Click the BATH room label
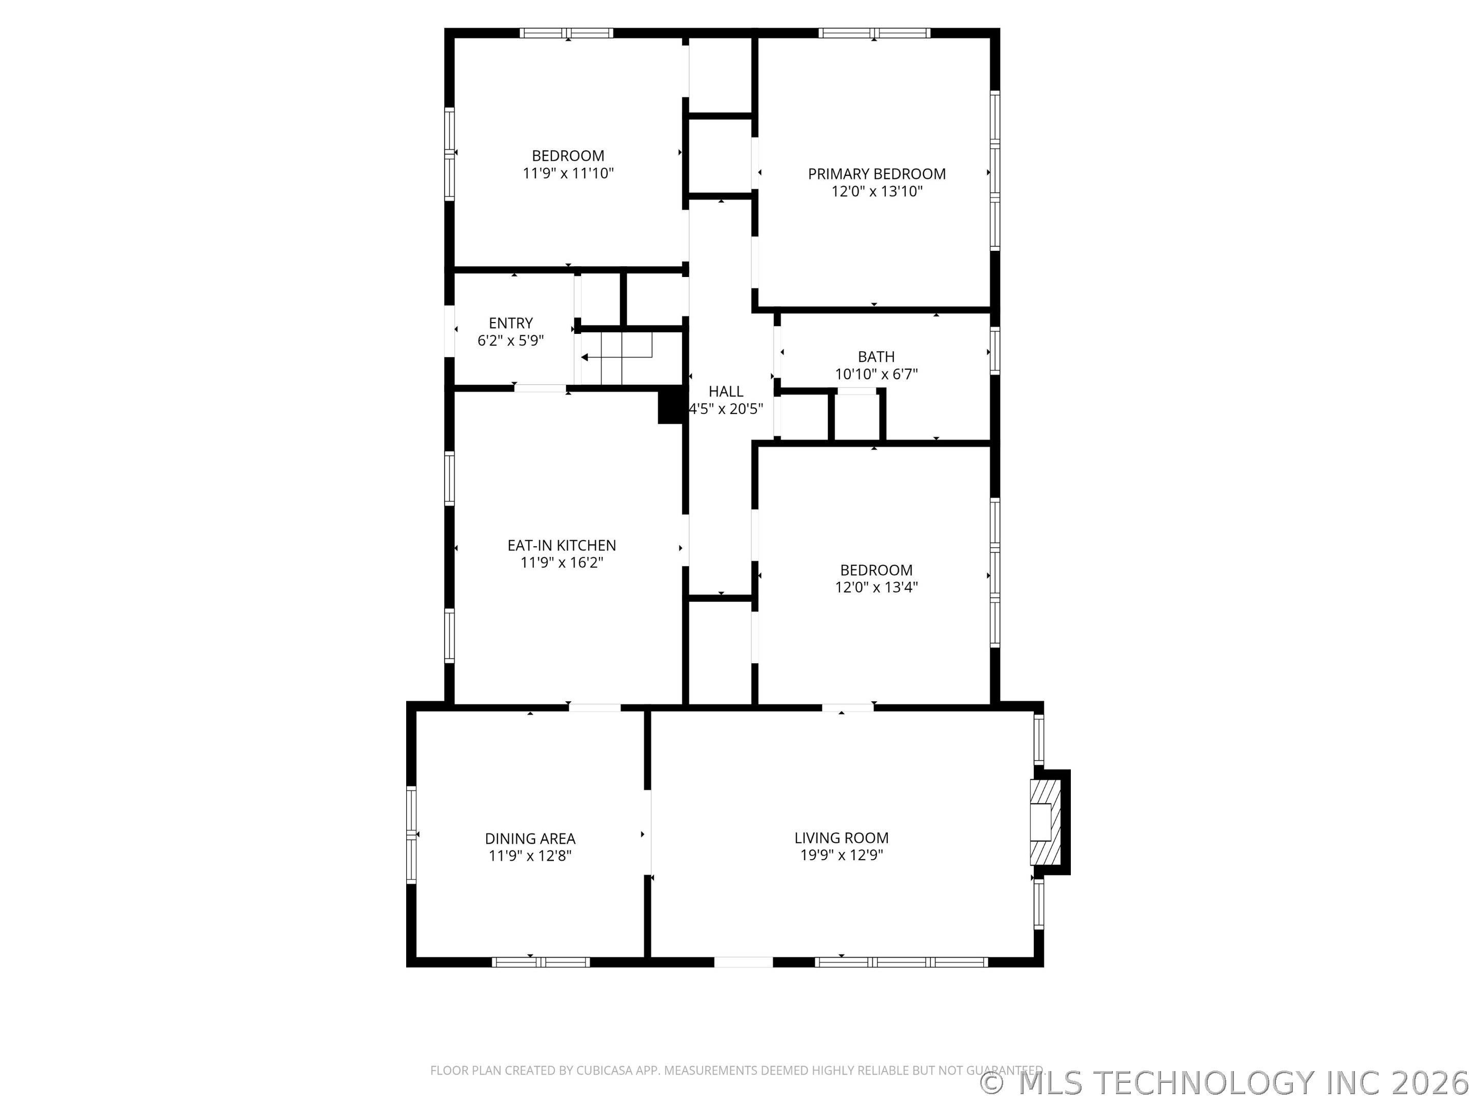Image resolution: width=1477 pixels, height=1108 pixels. click(x=876, y=357)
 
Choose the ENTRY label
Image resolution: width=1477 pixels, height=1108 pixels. click(x=510, y=323)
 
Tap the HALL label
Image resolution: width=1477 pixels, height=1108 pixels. click(x=726, y=391)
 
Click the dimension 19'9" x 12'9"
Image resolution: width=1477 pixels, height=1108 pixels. click(x=842, y=855)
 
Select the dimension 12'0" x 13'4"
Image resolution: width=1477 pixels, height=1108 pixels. click(x=876, y=587)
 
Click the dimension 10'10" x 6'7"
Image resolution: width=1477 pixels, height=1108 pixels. click(x=876, y=374)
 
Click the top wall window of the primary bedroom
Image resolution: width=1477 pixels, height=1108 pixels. click(x=874, y=33)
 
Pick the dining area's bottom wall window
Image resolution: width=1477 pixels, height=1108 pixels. click(x=541, y=962)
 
